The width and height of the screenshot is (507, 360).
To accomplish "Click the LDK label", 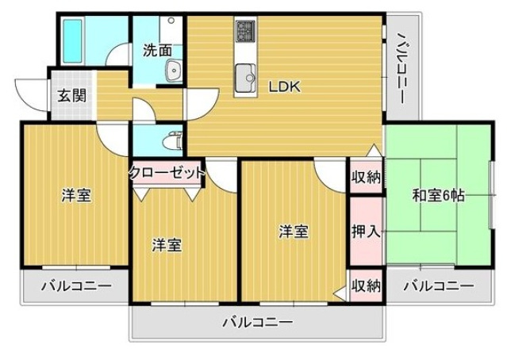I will (x=283, y=87).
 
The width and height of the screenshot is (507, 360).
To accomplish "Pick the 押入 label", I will (x=366, y=231).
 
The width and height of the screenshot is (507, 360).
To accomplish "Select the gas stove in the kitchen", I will (x=244, y=33).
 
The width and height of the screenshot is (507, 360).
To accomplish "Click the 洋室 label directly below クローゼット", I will (x=167, y=244).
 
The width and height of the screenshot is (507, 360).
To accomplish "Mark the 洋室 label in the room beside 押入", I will (x=294, y=232).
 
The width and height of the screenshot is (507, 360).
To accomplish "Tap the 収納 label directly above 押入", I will (x=366, y=178).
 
